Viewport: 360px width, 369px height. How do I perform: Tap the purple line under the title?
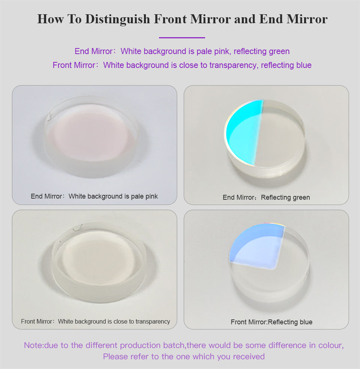[x=182, y=38]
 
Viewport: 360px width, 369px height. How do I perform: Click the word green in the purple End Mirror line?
[x=279, y=51]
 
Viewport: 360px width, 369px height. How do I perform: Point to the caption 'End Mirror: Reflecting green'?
[x=266, y=197]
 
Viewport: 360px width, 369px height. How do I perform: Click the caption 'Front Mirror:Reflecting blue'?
[x=271, y=322]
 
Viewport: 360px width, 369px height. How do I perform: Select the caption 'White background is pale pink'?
[x=113, y=196]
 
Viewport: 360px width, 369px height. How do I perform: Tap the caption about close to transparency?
[x=96, y=321]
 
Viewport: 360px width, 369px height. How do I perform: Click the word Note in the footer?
[x=33, y=345]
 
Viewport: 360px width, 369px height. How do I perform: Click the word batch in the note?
[x=174, y=345]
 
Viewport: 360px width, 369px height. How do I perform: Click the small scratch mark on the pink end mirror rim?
[x=49, y=117]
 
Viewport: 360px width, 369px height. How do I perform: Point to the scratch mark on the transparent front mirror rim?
[x=78, y=227]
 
